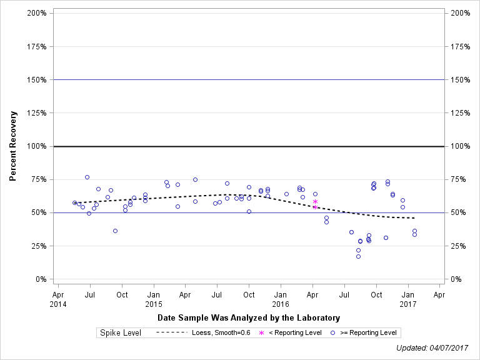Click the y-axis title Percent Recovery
click(12, 146)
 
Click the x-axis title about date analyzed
click(249, 317)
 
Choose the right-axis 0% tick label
click(457, 279)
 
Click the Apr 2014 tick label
click(57, 298)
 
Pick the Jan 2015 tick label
click(154, 298)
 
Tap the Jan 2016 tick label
click(281, 298)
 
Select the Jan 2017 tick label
click(408, 298)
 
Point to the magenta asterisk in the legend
click(262, 333)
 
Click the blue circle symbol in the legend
click(334, 333)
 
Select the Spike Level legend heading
click(121, 333)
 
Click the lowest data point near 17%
click(358, 256)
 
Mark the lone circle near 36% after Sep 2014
click(115, 231)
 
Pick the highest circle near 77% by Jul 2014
click(87, 177)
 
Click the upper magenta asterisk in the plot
click(315, 201)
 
